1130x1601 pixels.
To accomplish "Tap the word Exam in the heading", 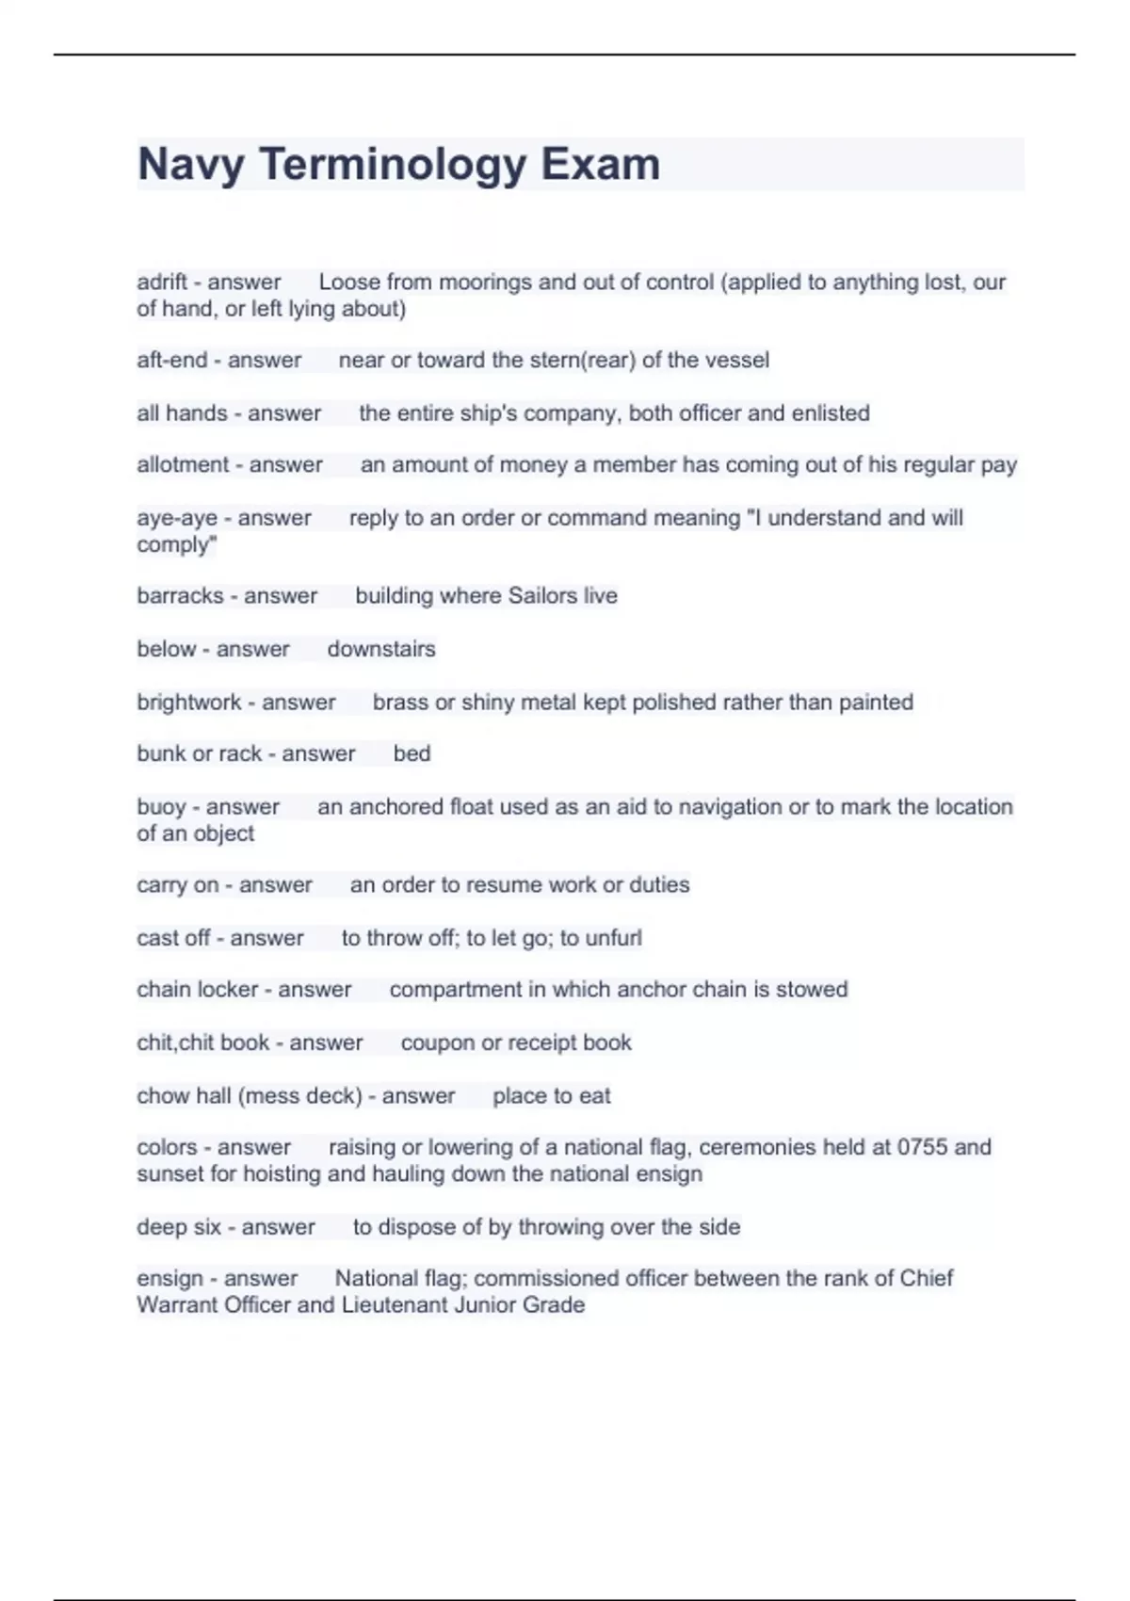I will [600, 165].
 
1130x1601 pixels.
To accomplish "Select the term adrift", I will [162, 282].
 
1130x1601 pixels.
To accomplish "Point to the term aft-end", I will [172, 360].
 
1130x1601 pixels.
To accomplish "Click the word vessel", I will [737, 360].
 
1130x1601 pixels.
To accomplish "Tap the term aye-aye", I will [177, 517].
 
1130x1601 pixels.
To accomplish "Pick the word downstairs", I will [381, 649].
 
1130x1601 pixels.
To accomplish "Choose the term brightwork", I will [189, 702].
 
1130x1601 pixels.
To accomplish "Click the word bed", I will [412, 753].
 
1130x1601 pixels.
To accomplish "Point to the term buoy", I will [161, 807].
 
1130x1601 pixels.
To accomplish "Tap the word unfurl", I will [613, 938].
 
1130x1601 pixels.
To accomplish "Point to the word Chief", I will [927, 1278].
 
